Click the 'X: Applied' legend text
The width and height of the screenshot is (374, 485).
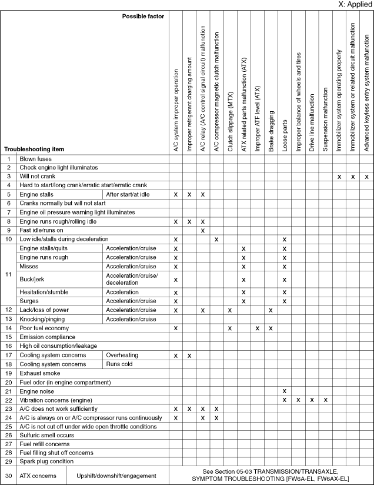[351, 5]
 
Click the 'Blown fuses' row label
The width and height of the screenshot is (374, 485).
[35, 159]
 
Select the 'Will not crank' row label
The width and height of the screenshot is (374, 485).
[37, 177]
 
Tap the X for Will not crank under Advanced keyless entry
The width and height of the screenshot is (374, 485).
[366, 177]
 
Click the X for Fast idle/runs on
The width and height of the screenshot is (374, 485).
[202, 230]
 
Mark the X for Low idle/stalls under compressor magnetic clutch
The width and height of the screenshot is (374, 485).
[216, 240]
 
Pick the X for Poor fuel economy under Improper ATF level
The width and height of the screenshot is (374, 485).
[258, 328]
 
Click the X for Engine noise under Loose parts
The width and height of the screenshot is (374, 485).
[285, 391]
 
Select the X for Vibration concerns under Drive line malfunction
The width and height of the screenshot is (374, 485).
[312, 400]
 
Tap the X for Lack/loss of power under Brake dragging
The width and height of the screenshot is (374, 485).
[271, 310]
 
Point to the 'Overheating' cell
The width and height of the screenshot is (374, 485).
[122, 355]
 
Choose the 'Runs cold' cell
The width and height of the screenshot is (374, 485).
[119, 364]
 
